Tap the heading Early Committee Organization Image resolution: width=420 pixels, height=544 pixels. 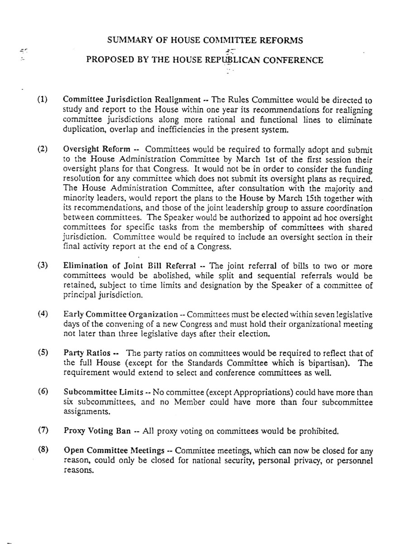click(121, 315)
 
